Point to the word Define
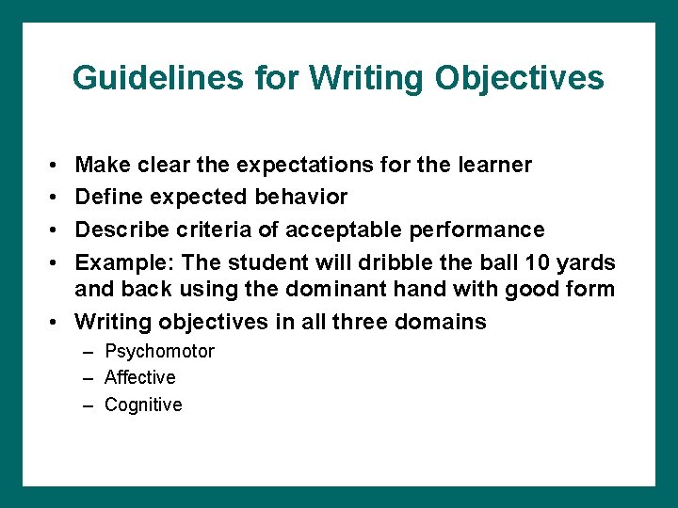point(105,198)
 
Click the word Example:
point(117,262)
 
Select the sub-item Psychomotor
point(159,352)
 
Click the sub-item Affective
point(139,377)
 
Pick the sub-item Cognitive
point(143,405)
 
